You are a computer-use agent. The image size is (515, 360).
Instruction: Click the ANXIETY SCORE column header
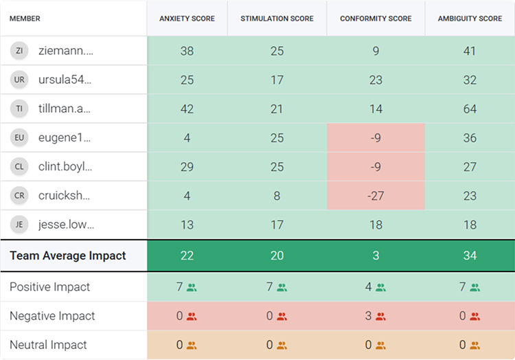[187, 19]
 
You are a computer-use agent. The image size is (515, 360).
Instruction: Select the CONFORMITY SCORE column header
[376, 19]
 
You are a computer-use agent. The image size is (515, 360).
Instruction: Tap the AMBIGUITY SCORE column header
[470, 19]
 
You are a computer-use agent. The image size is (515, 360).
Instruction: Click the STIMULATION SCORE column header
[277, 19]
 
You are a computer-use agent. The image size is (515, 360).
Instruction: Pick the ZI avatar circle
[19, 51]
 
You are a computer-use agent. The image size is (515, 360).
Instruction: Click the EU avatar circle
[19, 137]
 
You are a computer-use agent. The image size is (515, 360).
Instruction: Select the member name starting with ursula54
[65, 80]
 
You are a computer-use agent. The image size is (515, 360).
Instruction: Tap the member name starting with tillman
[65, 109]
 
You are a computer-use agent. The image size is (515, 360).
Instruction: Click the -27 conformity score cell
[376, 195]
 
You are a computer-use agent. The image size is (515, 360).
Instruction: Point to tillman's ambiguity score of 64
[470, 109]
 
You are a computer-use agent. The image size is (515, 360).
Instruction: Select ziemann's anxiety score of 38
[187, 51]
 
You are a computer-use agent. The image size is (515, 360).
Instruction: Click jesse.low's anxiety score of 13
[187, 224]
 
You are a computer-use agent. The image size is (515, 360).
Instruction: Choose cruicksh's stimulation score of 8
[277, 195]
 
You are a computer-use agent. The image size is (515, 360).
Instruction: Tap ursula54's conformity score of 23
[376, 80]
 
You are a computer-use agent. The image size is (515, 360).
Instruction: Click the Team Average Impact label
[68, 256]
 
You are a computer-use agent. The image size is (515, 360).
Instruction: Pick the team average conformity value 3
[376, 256]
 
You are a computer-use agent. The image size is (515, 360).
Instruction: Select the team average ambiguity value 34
[470, 256]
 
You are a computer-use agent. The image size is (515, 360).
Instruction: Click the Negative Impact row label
[52, 316]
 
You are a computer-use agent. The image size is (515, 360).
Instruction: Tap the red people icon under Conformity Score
[380, 317]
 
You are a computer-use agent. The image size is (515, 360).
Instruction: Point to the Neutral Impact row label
[49, 345]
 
